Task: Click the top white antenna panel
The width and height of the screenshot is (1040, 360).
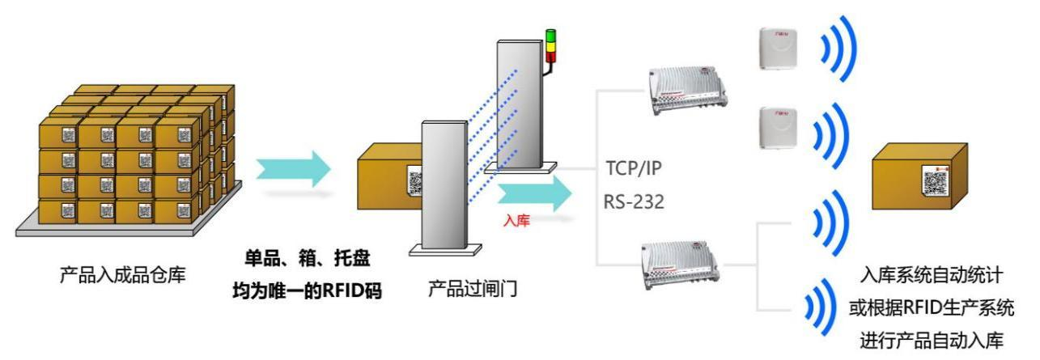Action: click(778, 48)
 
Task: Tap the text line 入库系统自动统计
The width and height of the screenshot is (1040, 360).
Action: click(942, 279)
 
